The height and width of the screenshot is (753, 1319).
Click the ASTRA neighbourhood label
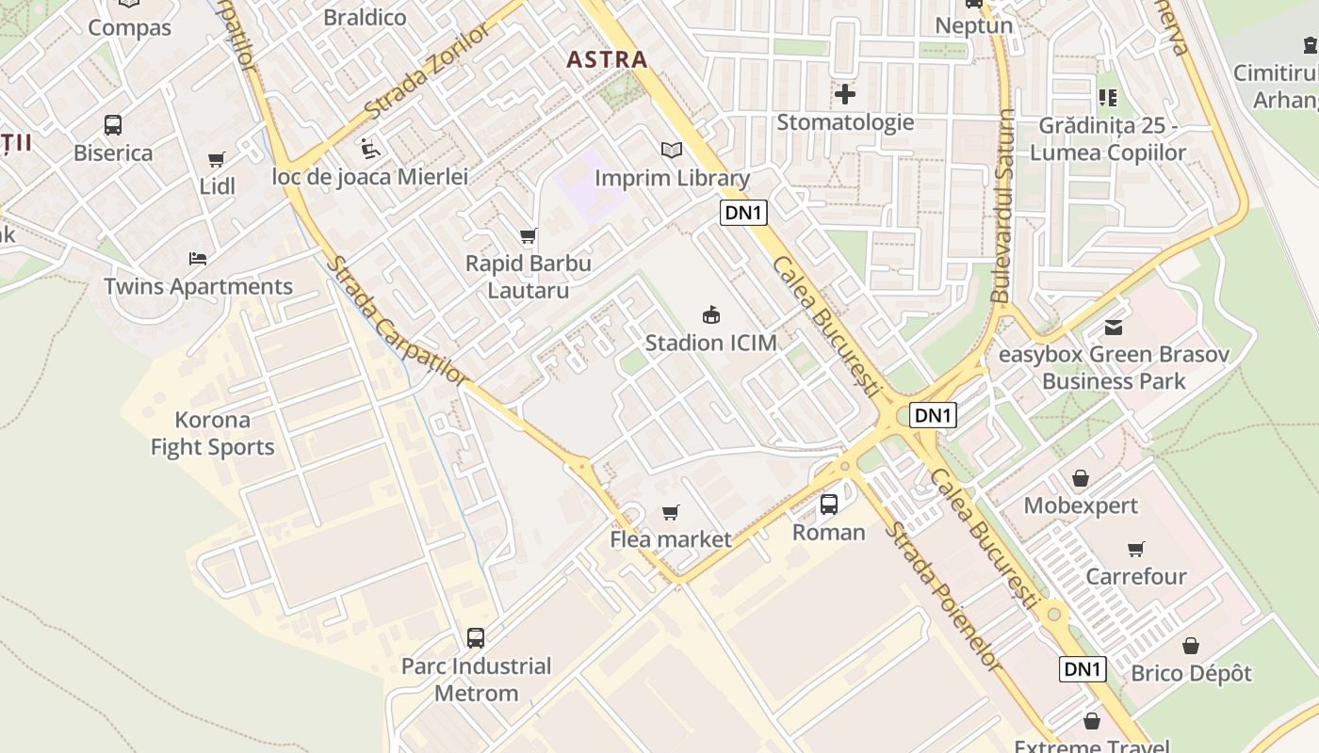[607, 60]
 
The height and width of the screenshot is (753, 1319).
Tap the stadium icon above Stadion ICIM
[711, 314]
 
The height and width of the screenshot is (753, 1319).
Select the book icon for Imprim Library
[671, 150]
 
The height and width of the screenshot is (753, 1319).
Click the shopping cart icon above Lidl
[217, 159]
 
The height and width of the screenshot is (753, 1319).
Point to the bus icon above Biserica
[112, 124]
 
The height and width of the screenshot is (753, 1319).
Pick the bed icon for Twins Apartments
[198, 258]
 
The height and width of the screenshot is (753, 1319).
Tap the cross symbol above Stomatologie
[845, 94]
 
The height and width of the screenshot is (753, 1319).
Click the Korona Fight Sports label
[213, 434]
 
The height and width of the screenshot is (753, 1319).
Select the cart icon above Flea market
[670, 512]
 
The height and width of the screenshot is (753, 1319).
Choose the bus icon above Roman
[828, 505]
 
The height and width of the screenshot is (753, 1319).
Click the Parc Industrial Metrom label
[476, 680]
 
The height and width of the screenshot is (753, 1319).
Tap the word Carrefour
[1135, 576]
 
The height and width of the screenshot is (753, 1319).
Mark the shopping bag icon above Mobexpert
[1081, 478]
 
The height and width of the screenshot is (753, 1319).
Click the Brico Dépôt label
[1191, 674]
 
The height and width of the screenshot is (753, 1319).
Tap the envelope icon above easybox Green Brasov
[1114, 328]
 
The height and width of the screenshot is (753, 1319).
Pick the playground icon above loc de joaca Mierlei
[369, 149]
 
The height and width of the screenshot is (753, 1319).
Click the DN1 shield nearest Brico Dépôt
[1082, 669]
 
